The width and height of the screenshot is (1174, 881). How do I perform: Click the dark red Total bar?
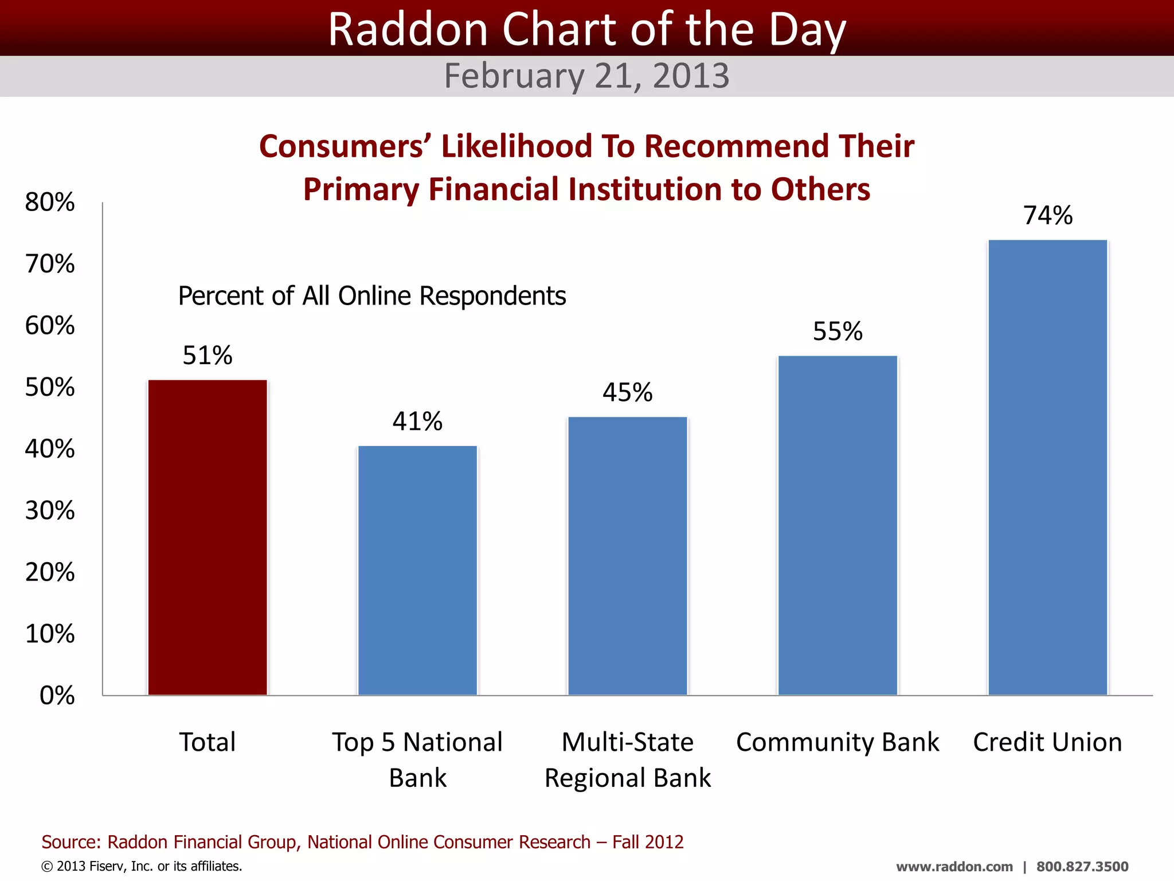click(208, 537)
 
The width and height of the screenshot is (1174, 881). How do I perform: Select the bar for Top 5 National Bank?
click(417, 570)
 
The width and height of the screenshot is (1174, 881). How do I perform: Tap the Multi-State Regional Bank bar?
click(628, 556)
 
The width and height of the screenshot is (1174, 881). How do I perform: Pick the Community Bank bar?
click(838, 525)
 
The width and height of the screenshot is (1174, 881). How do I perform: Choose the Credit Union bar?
click(1047, 467)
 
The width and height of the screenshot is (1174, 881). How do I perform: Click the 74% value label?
click(1047, 216)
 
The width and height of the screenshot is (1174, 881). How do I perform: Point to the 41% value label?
click(417, 422)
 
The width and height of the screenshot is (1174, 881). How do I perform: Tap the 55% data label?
click(838, 332)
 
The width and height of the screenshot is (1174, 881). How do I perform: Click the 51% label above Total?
click(208, 356)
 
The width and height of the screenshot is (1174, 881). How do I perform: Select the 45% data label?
click(628, 393)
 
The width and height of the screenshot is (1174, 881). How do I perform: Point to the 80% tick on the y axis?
click(50, 202)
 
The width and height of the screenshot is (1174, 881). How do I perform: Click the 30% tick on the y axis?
click(50, 510)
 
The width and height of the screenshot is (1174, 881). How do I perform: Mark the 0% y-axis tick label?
click(57, 695)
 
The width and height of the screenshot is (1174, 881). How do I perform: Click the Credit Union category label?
click(1047, 742)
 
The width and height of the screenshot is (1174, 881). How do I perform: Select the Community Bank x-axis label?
click(838, 742)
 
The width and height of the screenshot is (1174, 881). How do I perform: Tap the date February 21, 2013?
click(586, 76)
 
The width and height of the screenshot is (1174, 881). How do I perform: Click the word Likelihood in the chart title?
click(516, 146)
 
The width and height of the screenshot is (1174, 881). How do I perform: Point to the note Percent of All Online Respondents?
click(372, 296)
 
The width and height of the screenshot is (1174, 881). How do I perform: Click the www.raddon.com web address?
click(954, 867)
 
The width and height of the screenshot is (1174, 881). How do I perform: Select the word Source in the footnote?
click(71, 842)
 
